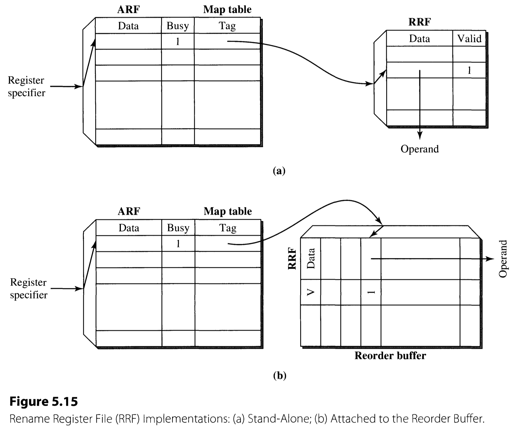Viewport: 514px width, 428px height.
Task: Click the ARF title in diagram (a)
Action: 128,10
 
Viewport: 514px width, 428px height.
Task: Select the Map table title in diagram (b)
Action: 228,211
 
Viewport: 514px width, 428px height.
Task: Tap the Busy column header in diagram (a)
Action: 178,26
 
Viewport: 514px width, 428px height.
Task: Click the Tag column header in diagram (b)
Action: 228,228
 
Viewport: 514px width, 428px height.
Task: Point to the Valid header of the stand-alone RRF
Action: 469,38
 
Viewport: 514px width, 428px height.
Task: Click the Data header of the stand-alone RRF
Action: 419,38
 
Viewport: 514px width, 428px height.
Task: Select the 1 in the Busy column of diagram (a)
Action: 178,41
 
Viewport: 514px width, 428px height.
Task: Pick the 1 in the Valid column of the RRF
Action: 469,70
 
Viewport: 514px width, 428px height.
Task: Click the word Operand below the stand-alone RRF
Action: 420,149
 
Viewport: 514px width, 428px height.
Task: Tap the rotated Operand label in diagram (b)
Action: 503,259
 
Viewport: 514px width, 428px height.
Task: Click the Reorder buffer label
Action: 390,355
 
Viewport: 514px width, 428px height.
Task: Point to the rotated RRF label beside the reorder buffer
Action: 292,258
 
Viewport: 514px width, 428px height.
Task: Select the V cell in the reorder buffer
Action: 310,292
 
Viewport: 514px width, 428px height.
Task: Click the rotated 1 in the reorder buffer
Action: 371,292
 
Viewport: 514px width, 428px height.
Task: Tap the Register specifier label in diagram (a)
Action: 26,86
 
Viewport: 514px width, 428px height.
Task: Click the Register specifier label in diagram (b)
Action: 28,288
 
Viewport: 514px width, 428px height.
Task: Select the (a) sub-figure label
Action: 279,171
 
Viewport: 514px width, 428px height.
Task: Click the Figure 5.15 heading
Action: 43,401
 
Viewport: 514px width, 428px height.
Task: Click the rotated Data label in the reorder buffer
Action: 311,258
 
